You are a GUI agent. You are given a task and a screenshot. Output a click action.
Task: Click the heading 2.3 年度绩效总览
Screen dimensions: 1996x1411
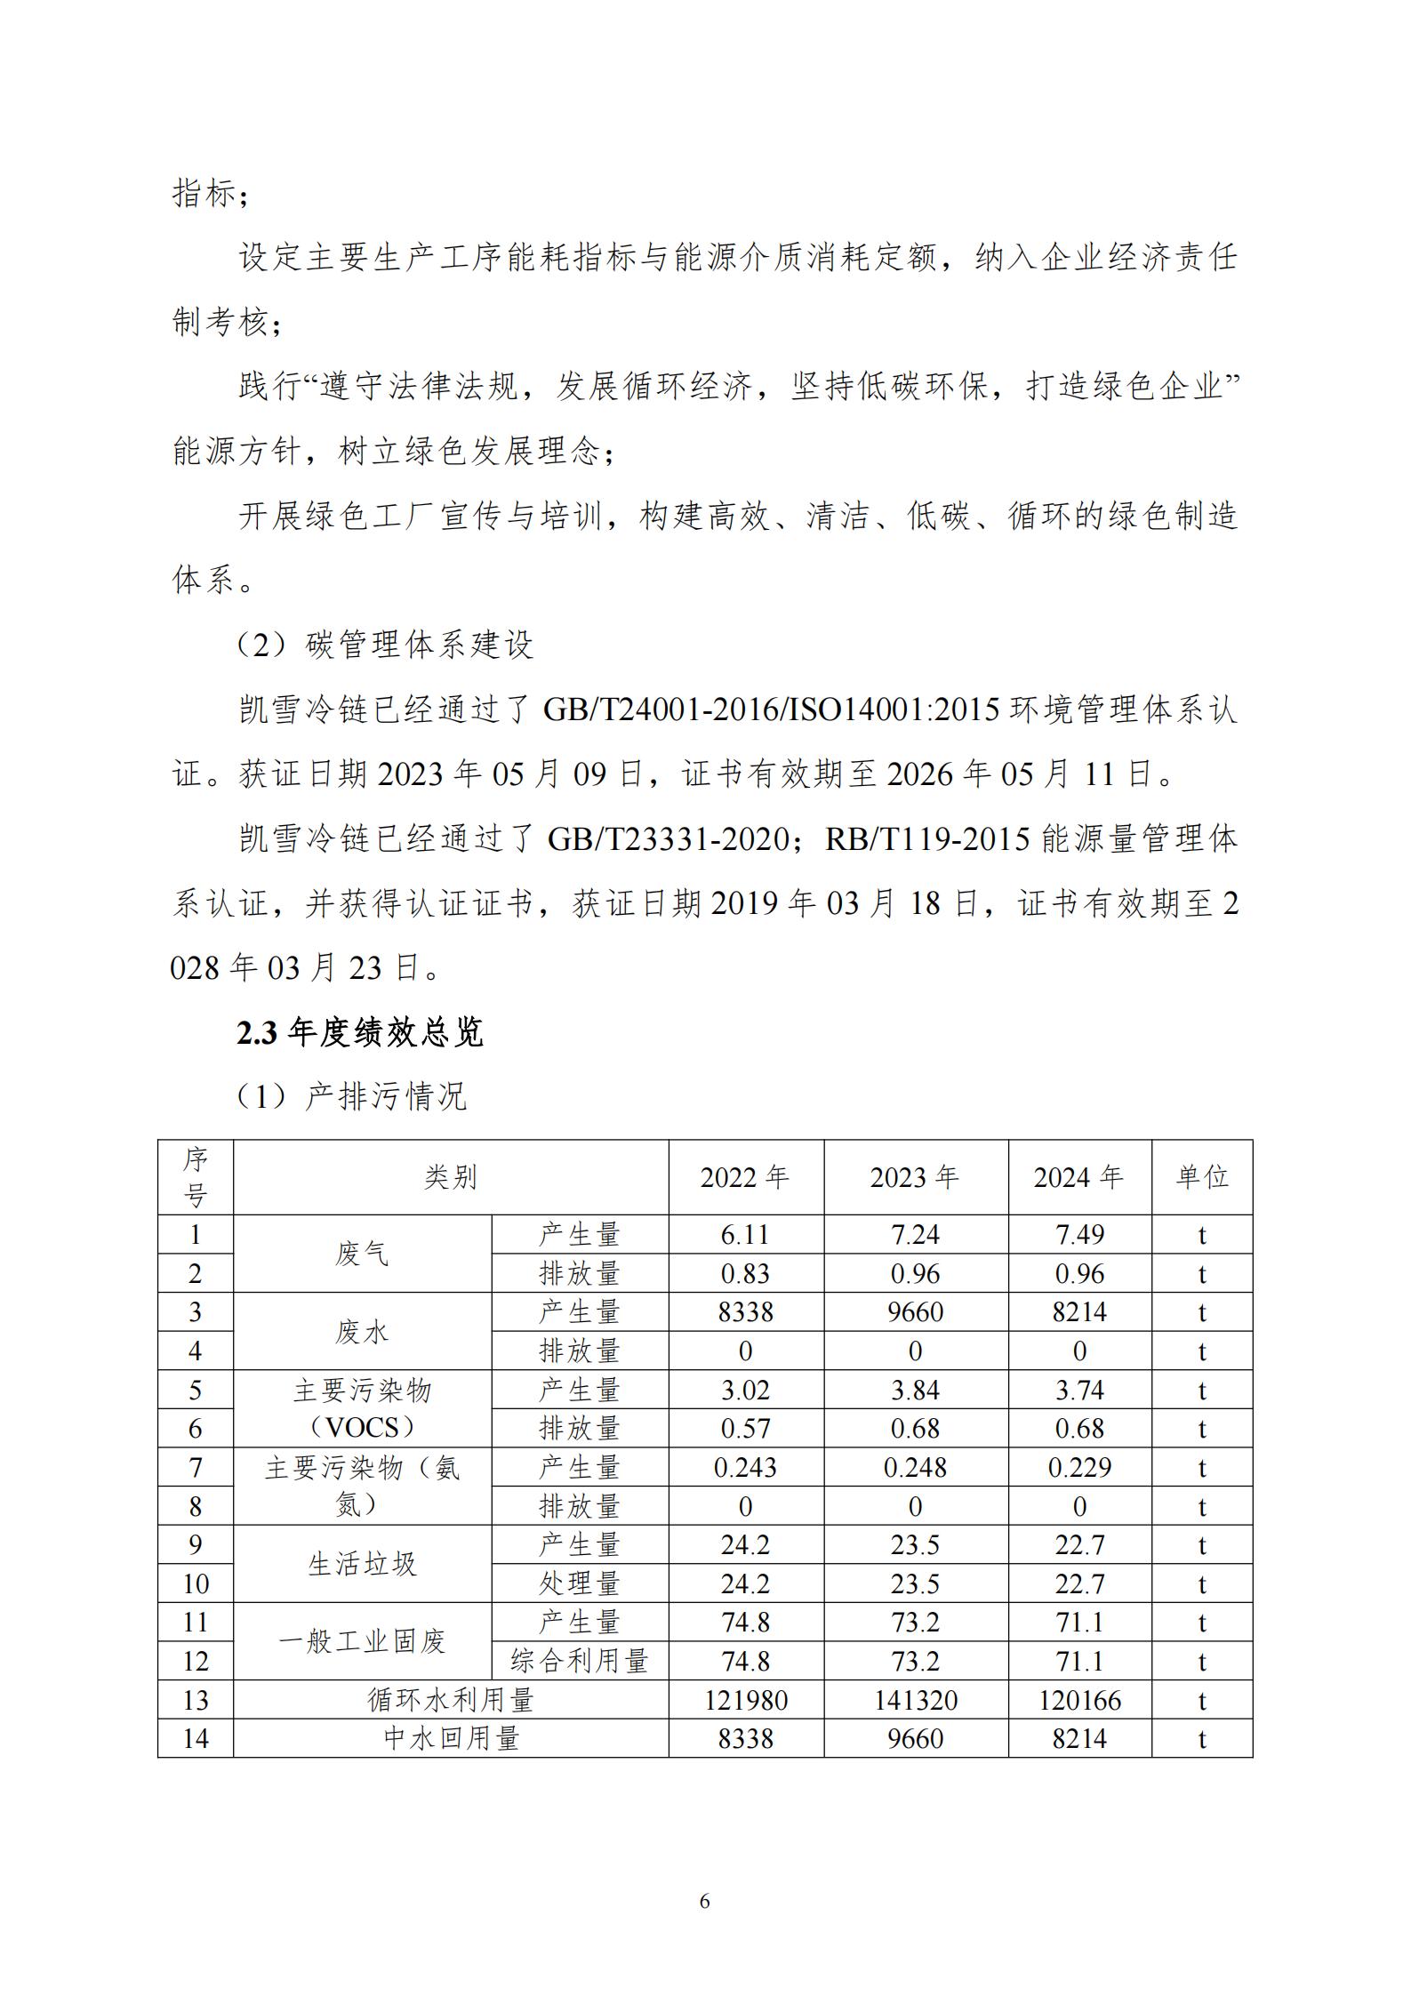(x=360, y=1032)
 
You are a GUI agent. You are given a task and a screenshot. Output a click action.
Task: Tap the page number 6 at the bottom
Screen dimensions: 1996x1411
(x=705, y=1902)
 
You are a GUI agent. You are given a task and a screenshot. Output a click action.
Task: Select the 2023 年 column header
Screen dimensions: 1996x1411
(x=915, y=1177)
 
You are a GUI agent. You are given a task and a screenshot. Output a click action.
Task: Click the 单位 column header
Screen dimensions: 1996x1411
(x=1201, y=1177)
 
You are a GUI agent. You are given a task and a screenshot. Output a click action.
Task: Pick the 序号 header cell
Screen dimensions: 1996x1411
(x=196, y=1177)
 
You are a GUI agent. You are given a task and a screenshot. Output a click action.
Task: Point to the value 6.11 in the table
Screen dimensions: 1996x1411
(x=745, y=1235)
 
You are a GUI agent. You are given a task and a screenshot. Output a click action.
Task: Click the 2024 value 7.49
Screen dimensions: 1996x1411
(x=1079, y=1235)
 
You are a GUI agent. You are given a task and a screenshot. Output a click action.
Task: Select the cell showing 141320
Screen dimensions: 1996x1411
(x=915, y=1701)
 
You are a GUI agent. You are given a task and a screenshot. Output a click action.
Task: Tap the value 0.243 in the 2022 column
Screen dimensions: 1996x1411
(x=745, y=1468)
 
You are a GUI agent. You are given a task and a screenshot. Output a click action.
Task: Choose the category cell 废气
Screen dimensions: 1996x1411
(x=362, y=1254)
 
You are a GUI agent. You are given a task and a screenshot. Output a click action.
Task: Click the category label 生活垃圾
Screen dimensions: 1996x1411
(x=362, y=1564)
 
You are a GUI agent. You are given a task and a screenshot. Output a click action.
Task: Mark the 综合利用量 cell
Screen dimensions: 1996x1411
(x=580, y=1661)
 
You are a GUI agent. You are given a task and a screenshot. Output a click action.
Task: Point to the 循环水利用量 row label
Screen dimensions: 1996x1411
(x=451, y=1701)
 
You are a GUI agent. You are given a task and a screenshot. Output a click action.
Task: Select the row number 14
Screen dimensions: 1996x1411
(x=196, y=1739)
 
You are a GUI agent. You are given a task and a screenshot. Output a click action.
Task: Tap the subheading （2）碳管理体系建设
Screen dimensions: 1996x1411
(x=384, y=645)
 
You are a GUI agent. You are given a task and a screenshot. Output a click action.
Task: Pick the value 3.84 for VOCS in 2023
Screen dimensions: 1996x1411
(x=915, y=1391)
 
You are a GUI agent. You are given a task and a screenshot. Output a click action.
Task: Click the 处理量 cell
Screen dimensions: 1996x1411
(x=580, y=1584)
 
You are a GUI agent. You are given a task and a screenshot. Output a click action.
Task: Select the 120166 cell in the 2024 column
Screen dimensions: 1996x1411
(x=1079, y=1701)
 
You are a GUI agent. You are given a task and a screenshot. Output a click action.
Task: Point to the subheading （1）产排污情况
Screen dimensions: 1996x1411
(x=351, y=1096)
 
